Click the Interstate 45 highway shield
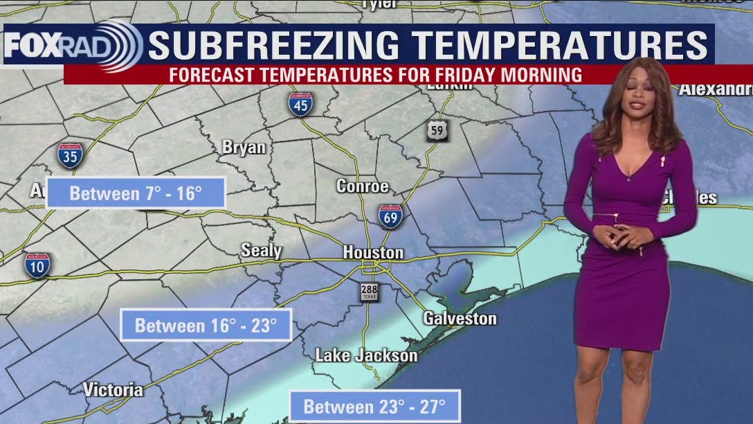300,103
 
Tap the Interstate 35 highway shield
70,156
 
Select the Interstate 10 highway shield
37,265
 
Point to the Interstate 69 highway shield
390,216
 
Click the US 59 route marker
437,130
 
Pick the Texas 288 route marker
369,292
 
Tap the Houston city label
373,253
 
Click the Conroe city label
362,186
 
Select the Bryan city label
244,147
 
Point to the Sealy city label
261,250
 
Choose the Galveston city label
460,319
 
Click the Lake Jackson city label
366,355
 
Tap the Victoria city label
114,389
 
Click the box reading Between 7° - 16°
136,193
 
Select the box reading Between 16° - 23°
206,325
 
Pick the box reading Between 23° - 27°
374,406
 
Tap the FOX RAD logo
73,46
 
